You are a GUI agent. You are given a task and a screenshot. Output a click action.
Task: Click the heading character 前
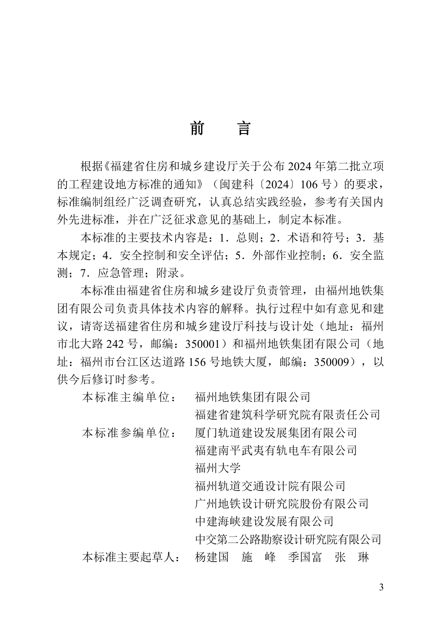coord(197,128)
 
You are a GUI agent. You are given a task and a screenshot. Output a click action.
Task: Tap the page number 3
coord(382,588)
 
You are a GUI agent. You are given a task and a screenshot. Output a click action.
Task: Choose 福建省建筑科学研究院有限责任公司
coord(288,415)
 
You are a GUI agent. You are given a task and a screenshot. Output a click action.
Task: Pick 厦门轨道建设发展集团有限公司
coord(276,433)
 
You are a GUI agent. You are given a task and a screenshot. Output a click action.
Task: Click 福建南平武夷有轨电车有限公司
coord(276,450)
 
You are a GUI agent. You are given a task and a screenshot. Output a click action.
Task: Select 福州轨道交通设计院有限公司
coord(270,486)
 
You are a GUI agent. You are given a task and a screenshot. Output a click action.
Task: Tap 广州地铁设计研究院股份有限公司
coord(282,504)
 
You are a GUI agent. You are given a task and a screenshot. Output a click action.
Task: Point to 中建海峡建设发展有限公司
coord(265,521)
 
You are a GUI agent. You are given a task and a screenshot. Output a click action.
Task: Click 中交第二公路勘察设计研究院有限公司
coord(288,539)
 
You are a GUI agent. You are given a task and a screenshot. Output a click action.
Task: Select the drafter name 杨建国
coord(212,557)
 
